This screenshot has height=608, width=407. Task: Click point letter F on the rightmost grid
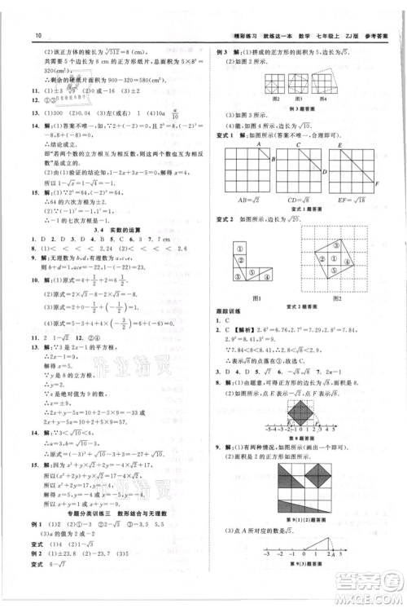[387, 185]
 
